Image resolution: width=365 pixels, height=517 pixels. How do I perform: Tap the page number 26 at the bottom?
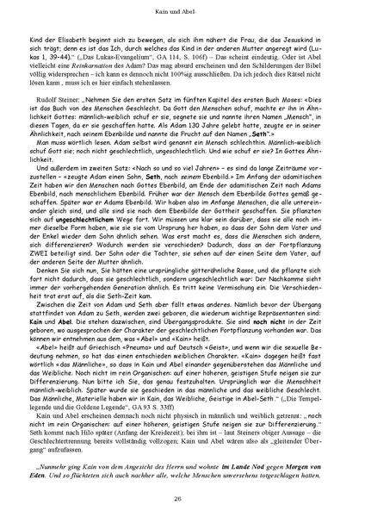pyautogui.click(x=182, y=497)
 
